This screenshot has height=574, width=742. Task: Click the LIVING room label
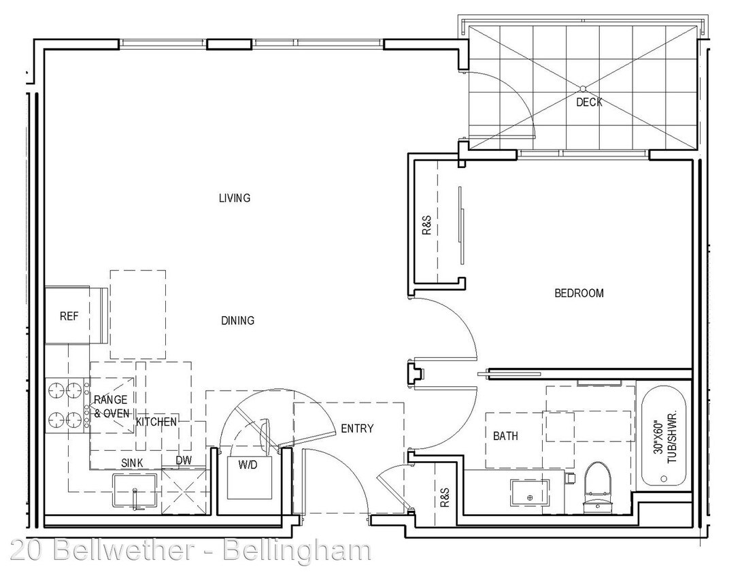tap(235, 198)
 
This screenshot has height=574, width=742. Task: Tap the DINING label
tap(237, 320)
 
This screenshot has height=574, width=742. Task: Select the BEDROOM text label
tap(579, 293)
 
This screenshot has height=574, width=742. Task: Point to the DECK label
tap(589, 102)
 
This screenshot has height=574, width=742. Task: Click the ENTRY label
tap(357, 428)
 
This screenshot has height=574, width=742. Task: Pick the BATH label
tap(505, 435)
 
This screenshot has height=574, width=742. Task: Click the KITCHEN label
tap(156, 422)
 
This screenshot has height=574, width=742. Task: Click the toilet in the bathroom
tap(597, 488)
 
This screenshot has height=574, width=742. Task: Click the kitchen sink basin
tap(135, 490)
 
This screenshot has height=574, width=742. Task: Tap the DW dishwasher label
tap(184, 460)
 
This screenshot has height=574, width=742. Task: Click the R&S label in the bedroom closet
tap(426, 225)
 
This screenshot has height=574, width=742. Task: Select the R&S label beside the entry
tap(444, 498)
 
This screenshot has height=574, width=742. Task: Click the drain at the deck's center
tap(583, 88)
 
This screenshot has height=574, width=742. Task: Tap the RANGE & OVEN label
tap(112, 407)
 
